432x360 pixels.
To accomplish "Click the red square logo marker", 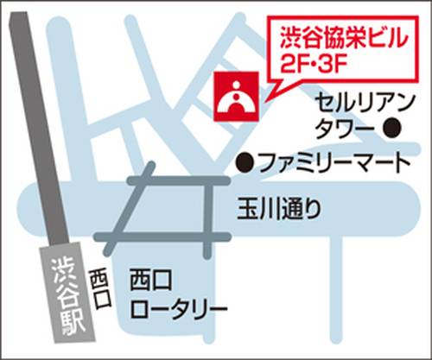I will tap(235, 97).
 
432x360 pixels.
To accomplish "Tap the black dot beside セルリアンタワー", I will tap(392, 129).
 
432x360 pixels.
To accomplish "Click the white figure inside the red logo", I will tap(235, 98).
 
